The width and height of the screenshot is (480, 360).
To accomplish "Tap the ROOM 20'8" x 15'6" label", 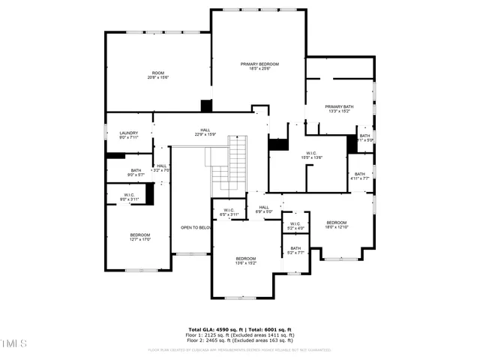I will (x=158, y=75).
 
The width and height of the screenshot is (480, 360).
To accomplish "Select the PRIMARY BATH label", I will (x=339, y=109).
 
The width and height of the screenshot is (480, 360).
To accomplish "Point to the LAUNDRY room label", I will (x=128, y=135).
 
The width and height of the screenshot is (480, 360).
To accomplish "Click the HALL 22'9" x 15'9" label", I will (x=205, y=132).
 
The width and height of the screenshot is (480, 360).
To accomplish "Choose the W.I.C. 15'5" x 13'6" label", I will (x=311, y=155).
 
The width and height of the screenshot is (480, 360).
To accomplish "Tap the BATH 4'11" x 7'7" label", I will (x=360, y=176).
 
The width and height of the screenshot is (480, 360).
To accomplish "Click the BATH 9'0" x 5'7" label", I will (x=136, y=172).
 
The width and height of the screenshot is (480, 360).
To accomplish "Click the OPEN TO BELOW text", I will (x=196, y=227).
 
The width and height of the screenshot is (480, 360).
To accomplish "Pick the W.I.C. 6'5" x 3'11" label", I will (x=229, y=212).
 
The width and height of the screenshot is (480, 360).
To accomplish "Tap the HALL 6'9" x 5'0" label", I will (x=264, y=209).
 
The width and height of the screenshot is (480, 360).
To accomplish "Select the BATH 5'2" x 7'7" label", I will (x=295, y=250).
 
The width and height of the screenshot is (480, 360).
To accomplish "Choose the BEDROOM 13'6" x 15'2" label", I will (x=246, y=260).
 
